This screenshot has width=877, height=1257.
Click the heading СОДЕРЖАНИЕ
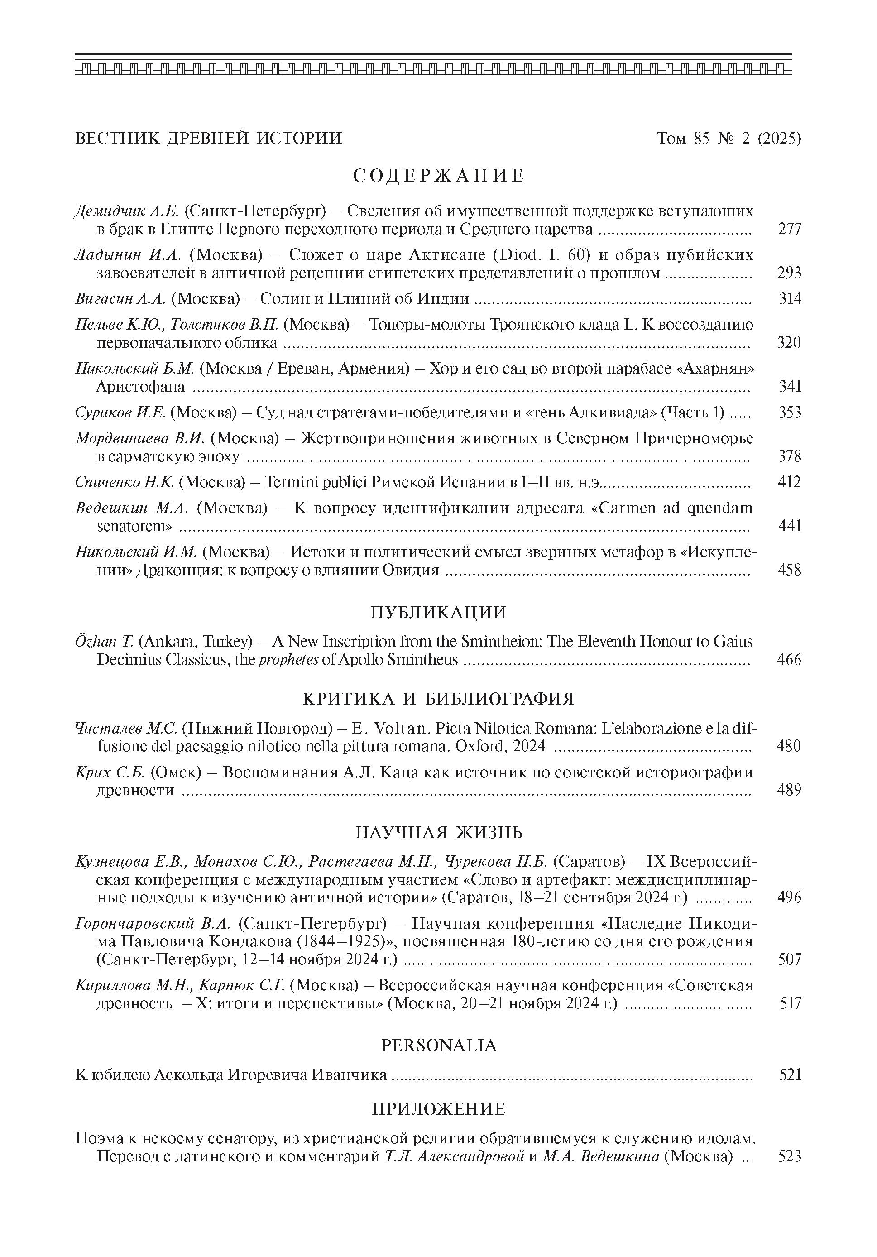pos(438,176)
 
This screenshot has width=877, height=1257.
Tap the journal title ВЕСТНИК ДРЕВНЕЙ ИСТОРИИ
pos(208,138)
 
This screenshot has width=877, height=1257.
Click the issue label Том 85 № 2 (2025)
pos(728,139)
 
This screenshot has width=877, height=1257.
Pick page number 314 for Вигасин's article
pos(790,299)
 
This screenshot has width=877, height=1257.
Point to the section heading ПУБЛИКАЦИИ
pos(438,612)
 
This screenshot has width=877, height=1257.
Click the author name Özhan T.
pos(101,642)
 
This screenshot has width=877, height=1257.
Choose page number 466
pos(789,660)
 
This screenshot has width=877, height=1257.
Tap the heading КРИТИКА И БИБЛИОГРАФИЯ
pos(438,699)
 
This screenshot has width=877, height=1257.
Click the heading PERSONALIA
pos(438,1046)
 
